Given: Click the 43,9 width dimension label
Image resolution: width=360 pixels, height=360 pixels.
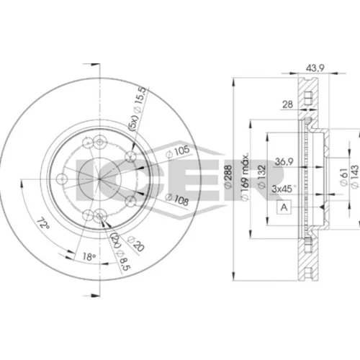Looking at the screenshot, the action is click(315, 68).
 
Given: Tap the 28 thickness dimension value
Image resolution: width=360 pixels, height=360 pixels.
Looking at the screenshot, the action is click(287, 104).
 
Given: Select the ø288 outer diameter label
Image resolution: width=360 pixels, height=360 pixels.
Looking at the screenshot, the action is click(228, 176).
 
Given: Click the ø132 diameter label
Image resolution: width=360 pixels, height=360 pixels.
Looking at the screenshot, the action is click(261, 176).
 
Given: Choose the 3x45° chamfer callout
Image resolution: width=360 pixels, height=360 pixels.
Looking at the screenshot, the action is click(284, 189).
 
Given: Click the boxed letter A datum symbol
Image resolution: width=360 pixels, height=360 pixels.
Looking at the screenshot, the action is click(284, 207).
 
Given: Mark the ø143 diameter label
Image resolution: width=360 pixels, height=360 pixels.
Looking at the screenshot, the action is click(354, 176).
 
